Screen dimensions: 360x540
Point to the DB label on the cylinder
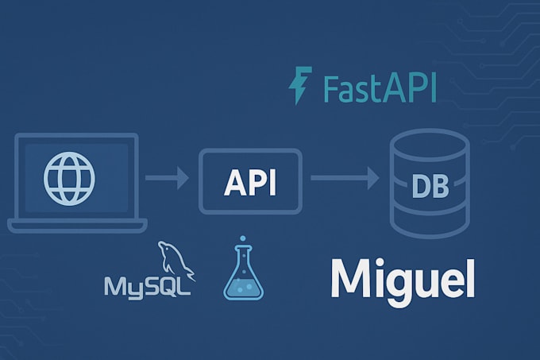(430, 188)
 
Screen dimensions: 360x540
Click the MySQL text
(148, 285)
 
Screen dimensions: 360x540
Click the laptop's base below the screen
(77, 224)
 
